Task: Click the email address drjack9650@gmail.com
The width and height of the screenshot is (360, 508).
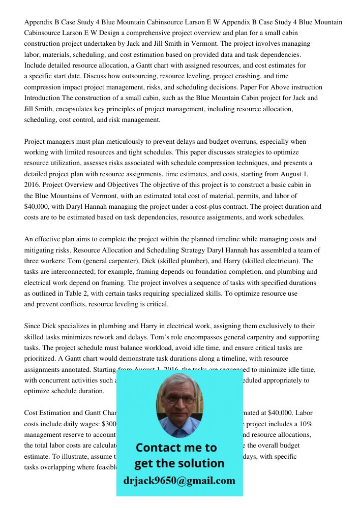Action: tap(179, 480)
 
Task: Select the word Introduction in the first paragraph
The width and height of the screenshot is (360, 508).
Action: tap(42, 98)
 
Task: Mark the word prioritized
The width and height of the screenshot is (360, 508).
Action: tap(42, 359)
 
